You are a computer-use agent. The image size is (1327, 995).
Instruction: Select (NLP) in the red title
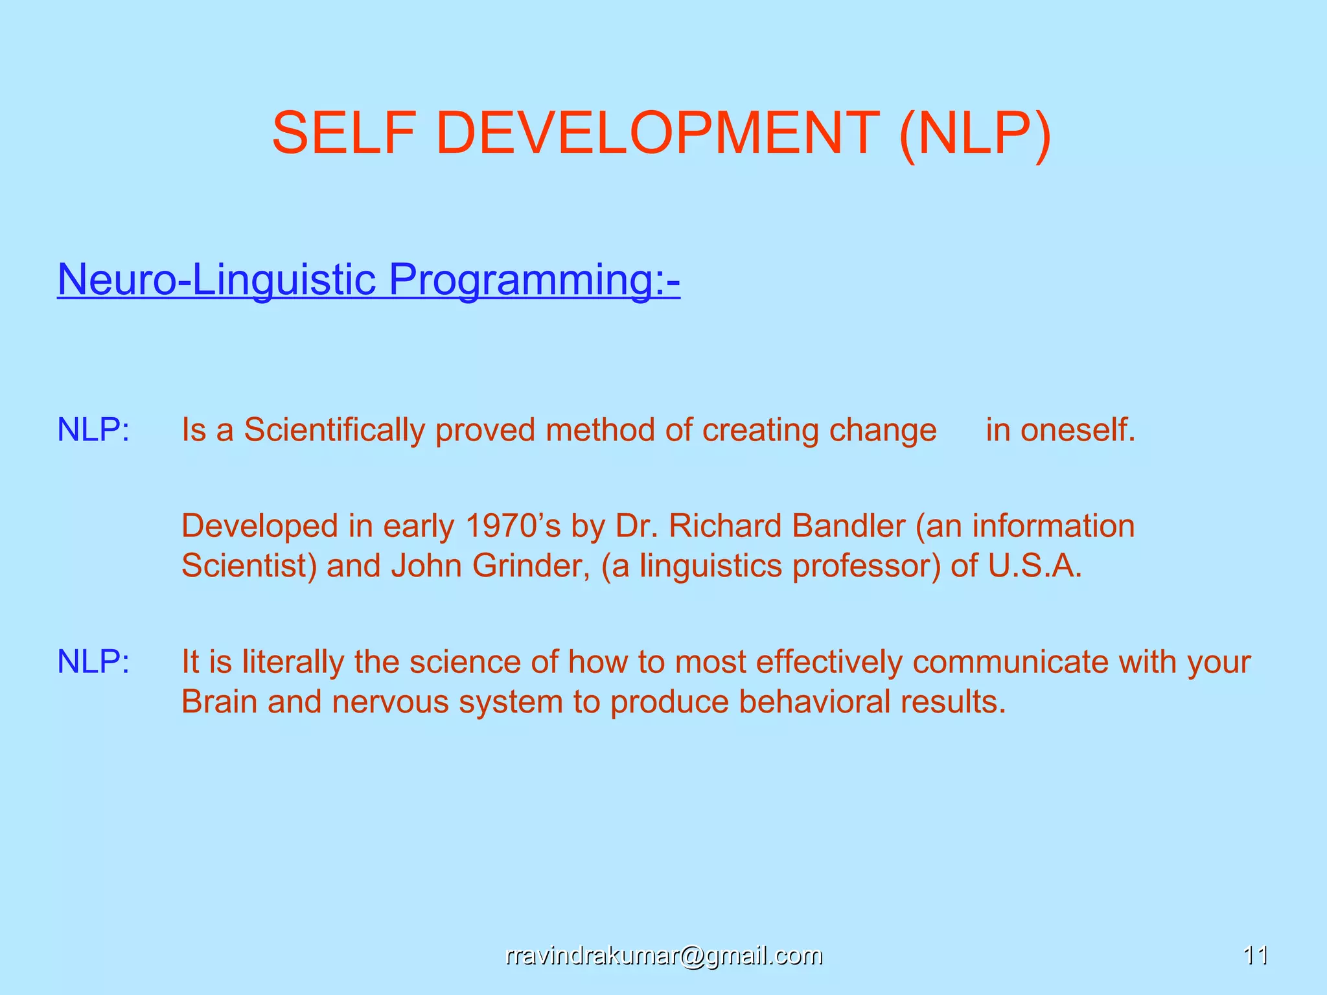coord(975,134)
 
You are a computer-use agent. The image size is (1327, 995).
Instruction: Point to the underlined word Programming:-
coord(534,280)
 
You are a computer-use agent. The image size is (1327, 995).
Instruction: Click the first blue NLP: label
coord(93,429)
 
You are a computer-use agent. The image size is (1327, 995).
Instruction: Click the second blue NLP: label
coord(93,662)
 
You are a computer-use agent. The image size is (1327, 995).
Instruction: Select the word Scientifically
coord(333,430)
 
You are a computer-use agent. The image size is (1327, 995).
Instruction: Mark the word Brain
coord(219,702)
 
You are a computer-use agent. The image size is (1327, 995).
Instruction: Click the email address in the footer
coord(663,955)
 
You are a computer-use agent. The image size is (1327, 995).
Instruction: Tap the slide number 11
coord(1256,955)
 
